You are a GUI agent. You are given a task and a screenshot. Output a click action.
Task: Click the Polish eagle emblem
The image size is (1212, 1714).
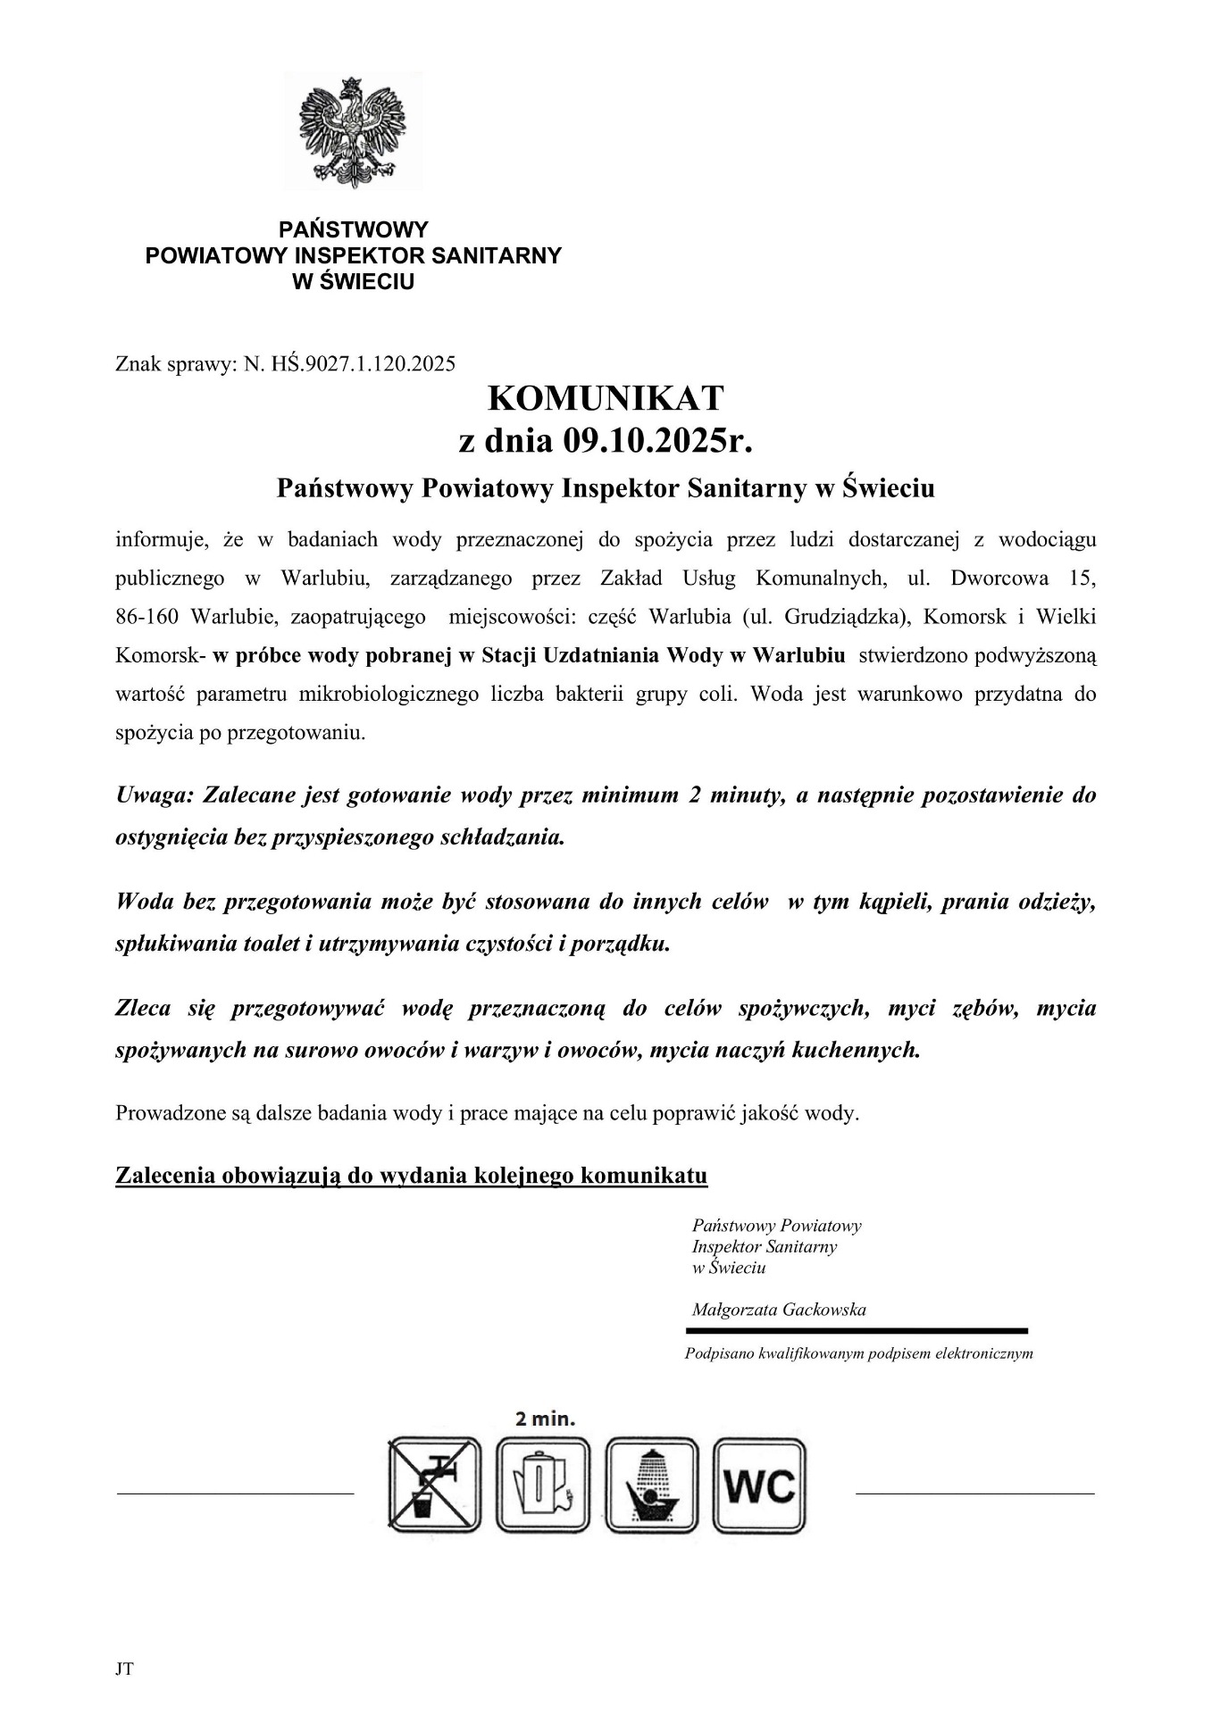point(354,131)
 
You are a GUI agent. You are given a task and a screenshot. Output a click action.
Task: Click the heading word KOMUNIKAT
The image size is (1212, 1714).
point(606,397)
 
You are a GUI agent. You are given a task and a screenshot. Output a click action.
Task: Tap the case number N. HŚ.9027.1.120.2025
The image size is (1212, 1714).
point(349,363)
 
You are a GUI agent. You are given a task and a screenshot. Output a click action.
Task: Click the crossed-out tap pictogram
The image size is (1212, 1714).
point(434,1484)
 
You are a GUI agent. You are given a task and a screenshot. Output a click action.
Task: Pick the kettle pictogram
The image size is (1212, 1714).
point(543,1484)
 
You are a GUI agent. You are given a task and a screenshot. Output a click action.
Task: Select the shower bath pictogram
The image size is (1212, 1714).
point(651,1484)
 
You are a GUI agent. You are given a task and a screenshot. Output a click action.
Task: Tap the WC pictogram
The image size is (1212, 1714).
point(759,1484)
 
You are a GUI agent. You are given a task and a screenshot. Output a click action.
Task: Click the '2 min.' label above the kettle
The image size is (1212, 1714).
point(545,1419)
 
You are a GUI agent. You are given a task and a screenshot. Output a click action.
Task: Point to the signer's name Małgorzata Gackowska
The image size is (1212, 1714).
point(779,1310)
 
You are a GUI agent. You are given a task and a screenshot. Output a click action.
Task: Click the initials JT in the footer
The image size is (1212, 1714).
point(124,1668)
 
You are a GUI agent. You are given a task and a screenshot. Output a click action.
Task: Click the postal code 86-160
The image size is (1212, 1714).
point(148,617)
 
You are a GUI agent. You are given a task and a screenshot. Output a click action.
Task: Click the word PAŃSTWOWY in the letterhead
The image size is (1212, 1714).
point(354,229)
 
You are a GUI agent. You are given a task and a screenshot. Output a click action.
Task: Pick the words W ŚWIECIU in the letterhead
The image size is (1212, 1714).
point(354,282)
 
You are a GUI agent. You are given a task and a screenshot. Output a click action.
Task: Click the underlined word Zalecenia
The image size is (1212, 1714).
point(165,1175)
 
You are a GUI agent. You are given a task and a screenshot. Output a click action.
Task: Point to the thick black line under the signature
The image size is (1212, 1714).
point(857,1330)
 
